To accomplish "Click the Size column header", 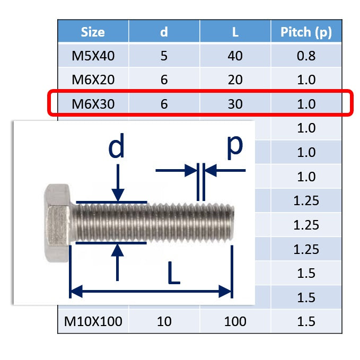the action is [x=93, y=32].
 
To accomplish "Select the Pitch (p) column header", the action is [x=306, y=32].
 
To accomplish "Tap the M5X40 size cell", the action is [x=93, y=56].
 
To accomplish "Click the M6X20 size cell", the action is [x=93, y=80].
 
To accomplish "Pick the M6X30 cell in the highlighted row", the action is [x=93, y=104].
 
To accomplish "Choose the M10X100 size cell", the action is [x=93, y=321].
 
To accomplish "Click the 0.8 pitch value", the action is [x=306, y=56].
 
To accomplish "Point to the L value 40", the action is [x=235, y=56].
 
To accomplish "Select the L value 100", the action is [x=235, y=321].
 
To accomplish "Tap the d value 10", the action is [x=164, y=321].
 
